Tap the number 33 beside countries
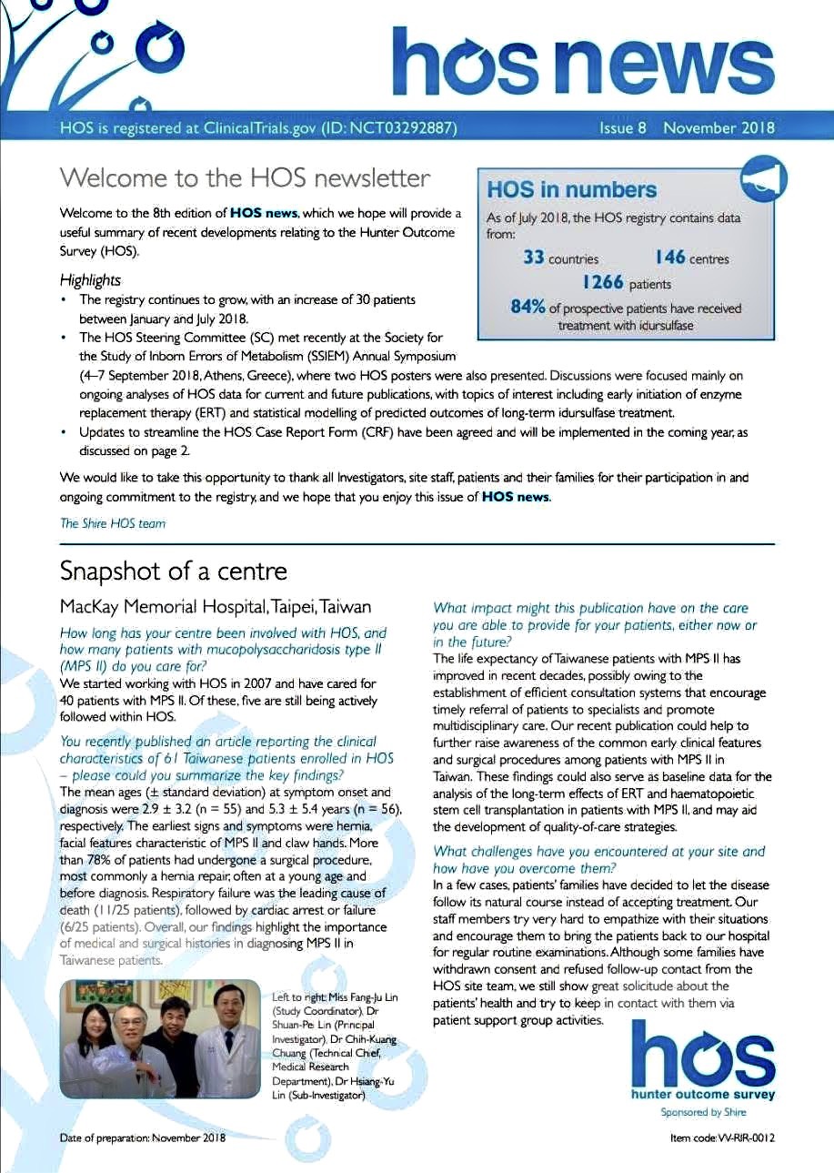[534, 258]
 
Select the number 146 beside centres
[669, 258]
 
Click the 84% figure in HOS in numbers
[528, 308]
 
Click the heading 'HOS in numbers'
[571, 190]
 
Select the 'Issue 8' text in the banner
[622, 127]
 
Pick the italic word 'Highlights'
[90, 280]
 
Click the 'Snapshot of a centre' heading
[173, 571]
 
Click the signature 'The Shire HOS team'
[113, 523]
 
